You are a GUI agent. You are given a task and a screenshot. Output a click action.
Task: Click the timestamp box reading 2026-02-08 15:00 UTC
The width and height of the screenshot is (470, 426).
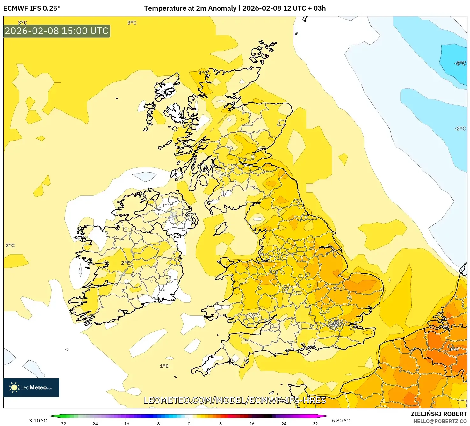click(x=57, y=31)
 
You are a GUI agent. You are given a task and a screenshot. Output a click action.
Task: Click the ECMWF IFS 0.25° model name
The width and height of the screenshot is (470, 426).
click(x=32, y=8)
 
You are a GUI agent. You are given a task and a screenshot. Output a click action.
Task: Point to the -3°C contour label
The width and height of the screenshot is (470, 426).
click(x=460, y=63)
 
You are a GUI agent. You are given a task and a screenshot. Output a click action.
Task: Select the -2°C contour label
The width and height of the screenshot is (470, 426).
click(x=460, y=129)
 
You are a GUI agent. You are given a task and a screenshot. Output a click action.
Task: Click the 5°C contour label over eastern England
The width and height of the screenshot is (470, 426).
click(x=338, y=289)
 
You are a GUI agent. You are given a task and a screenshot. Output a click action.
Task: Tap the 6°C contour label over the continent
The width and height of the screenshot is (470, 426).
click(x=454, y=349)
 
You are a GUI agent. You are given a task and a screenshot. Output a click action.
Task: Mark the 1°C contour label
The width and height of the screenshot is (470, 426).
click(x=164, y=366)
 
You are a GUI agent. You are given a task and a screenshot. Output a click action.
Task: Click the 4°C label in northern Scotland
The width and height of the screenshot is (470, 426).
click(x=203, y=73)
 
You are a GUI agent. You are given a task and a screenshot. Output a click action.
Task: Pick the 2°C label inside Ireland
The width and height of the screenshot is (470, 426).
click(x=126, y=263)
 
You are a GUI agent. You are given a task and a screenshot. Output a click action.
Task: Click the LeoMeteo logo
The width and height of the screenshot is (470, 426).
click(x=31, y=387)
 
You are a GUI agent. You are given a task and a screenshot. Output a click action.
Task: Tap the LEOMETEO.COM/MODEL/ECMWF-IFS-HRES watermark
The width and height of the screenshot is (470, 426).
click(x=235, y=400)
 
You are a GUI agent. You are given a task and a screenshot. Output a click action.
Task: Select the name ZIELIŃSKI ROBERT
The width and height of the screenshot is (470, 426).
click(x=438, y=414)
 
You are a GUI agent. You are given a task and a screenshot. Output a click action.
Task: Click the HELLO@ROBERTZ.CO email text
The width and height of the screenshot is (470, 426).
click(x=440, y=421)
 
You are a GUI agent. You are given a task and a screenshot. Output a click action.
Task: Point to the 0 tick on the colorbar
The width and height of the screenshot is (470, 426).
click(x=189, y=423)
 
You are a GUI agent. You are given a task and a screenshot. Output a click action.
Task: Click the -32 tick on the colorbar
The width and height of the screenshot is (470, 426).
click(x=62, y=423)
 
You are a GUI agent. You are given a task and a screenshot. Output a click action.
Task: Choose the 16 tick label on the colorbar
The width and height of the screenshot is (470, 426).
click(x=252, y=423)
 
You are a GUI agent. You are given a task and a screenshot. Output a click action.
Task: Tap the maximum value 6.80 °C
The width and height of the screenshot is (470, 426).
click(x=341, y=421)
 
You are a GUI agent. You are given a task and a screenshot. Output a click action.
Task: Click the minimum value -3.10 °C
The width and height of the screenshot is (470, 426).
click(x=37, y=421)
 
